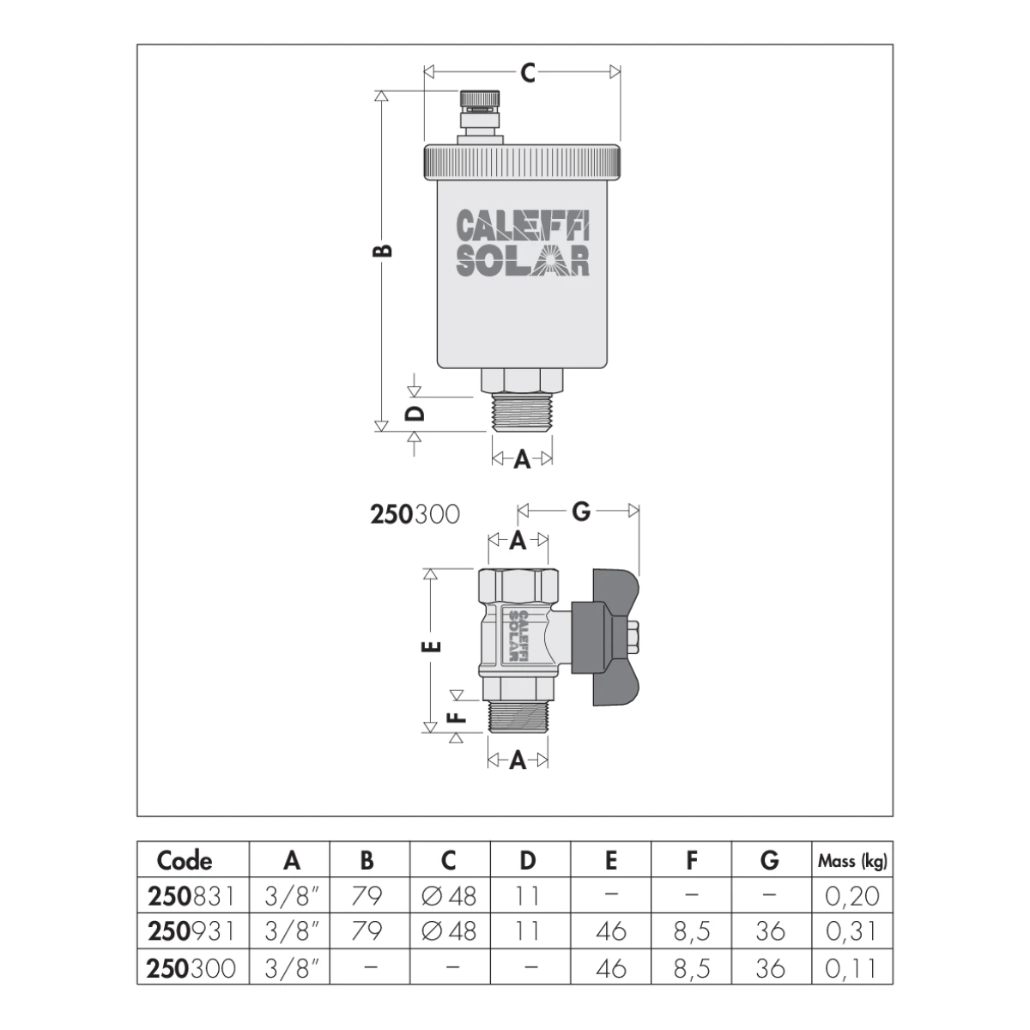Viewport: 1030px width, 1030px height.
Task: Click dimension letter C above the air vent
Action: pos(528,73)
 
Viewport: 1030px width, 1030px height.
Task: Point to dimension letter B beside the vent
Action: pos(383,250)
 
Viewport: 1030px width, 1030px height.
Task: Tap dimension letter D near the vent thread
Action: pos(415,413)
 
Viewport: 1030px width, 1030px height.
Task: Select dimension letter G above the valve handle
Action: pos(581,512)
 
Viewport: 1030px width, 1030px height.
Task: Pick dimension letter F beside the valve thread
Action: pos(457,717)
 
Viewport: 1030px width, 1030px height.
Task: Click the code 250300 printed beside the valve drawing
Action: pos(415,514)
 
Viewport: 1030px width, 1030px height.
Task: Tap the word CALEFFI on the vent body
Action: pos(523,225)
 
